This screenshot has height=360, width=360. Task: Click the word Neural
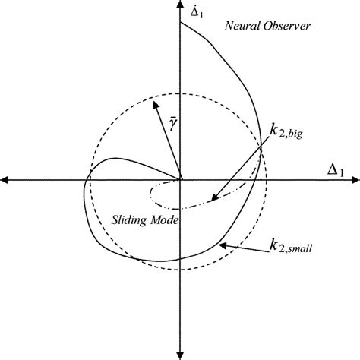point(242,26)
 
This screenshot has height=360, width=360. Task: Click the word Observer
point(286,26)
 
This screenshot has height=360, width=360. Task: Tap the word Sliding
point(129,220)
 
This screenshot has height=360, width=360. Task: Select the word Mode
point(165,220)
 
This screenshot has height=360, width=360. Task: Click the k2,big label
point(286,133)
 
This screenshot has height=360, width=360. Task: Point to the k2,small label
point(290,246)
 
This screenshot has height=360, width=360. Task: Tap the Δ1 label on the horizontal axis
point(336,169)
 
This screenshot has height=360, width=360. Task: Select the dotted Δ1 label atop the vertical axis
point(197,12)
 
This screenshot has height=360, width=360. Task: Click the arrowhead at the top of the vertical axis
point(180,4)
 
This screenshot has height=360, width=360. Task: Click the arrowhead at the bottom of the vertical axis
point(180,355)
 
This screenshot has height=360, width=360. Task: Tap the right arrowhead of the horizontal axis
point(355,180)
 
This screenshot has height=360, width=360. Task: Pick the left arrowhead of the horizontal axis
point(5,180)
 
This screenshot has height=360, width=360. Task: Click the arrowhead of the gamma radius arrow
point(155,105)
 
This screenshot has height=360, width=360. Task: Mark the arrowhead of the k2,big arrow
point(214,197)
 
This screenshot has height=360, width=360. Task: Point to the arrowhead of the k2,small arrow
point(223,245)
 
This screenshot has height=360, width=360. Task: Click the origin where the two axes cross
point(180,180)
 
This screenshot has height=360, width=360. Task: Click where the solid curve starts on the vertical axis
point(180,23)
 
